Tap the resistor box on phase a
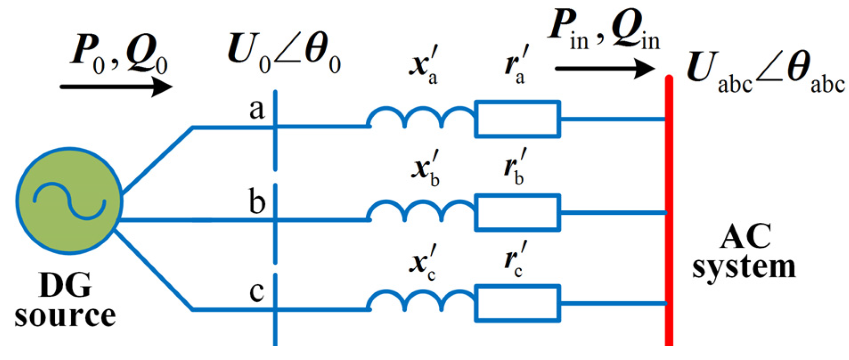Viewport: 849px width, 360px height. pyautogui.click(x=517, y=119)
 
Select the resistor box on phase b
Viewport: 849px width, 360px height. pyautogui.click(x=517, y=213)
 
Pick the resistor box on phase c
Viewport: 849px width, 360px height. pyautogui.click(x=517, y=303)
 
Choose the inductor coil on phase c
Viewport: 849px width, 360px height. pyautogui.click(x=421, y=302)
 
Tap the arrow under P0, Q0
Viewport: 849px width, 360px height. pyautogui.click(x=116, y=86)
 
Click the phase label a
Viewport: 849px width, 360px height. pyautogui.click(x=257, y=109)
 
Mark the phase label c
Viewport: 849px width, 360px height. pyautogui.click(x=257, y=293)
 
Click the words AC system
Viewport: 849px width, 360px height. pyautogui.click(x=744, y=252)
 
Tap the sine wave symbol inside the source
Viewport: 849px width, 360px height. pyautogui.click(x=69, y=201)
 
